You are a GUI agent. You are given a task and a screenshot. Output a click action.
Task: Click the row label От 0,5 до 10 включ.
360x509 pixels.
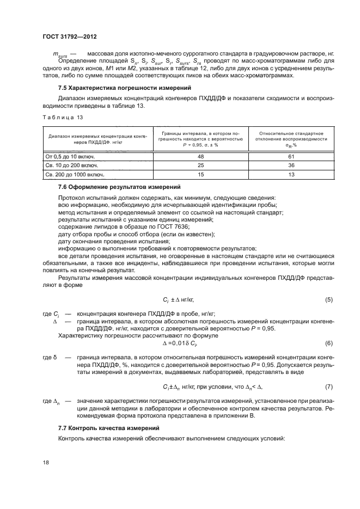click(71, 156)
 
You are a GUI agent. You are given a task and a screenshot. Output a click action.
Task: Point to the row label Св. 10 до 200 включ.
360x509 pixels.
click(72, 165)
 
